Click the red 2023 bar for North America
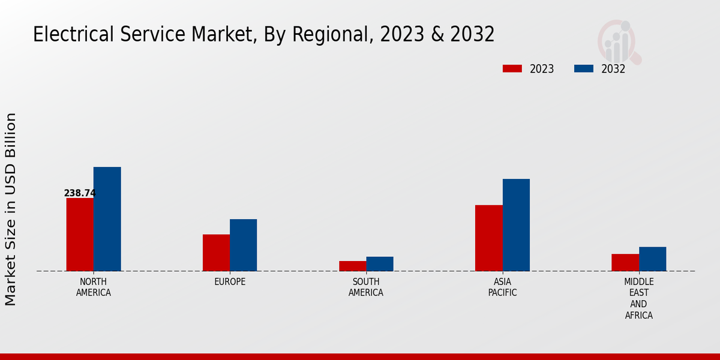coord(80,235)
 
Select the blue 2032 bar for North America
coord(107,219)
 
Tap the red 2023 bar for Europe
coord(216,253)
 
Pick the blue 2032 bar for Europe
coord(244,245)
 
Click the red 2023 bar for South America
coord(352,266)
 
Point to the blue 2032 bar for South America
coord(380,264)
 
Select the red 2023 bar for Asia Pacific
coord(489,238)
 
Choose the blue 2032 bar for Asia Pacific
coord(516,225)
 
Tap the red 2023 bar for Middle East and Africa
coord(625,262)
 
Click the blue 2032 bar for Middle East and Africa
coord(653,259)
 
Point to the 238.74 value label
coord(80,193)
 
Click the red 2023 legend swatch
coord(512,68)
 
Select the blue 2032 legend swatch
coord(584,68)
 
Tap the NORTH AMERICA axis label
coord(94,287)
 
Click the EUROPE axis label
coord(230,282)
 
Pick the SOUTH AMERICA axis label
coord(366,287)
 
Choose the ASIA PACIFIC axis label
coord(503,287)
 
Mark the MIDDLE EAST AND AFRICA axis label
coord(639,298)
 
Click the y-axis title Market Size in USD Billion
coord(11,209)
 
